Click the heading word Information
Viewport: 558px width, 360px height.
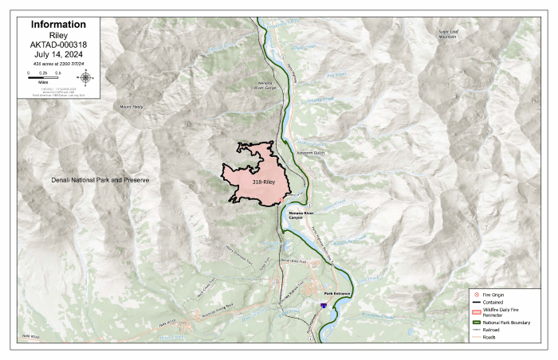coord(58,25)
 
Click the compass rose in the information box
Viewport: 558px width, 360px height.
coord(87,77)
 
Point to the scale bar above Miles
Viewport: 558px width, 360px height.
coord(43,78)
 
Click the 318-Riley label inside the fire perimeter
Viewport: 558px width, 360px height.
coord(265,182)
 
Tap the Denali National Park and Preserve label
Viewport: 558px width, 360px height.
coord(100,181)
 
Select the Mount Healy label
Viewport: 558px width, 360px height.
coord(132,106)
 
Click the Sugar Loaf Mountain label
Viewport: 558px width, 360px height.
coord(450,33)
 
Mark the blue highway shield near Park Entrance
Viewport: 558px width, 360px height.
coord(323,305)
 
